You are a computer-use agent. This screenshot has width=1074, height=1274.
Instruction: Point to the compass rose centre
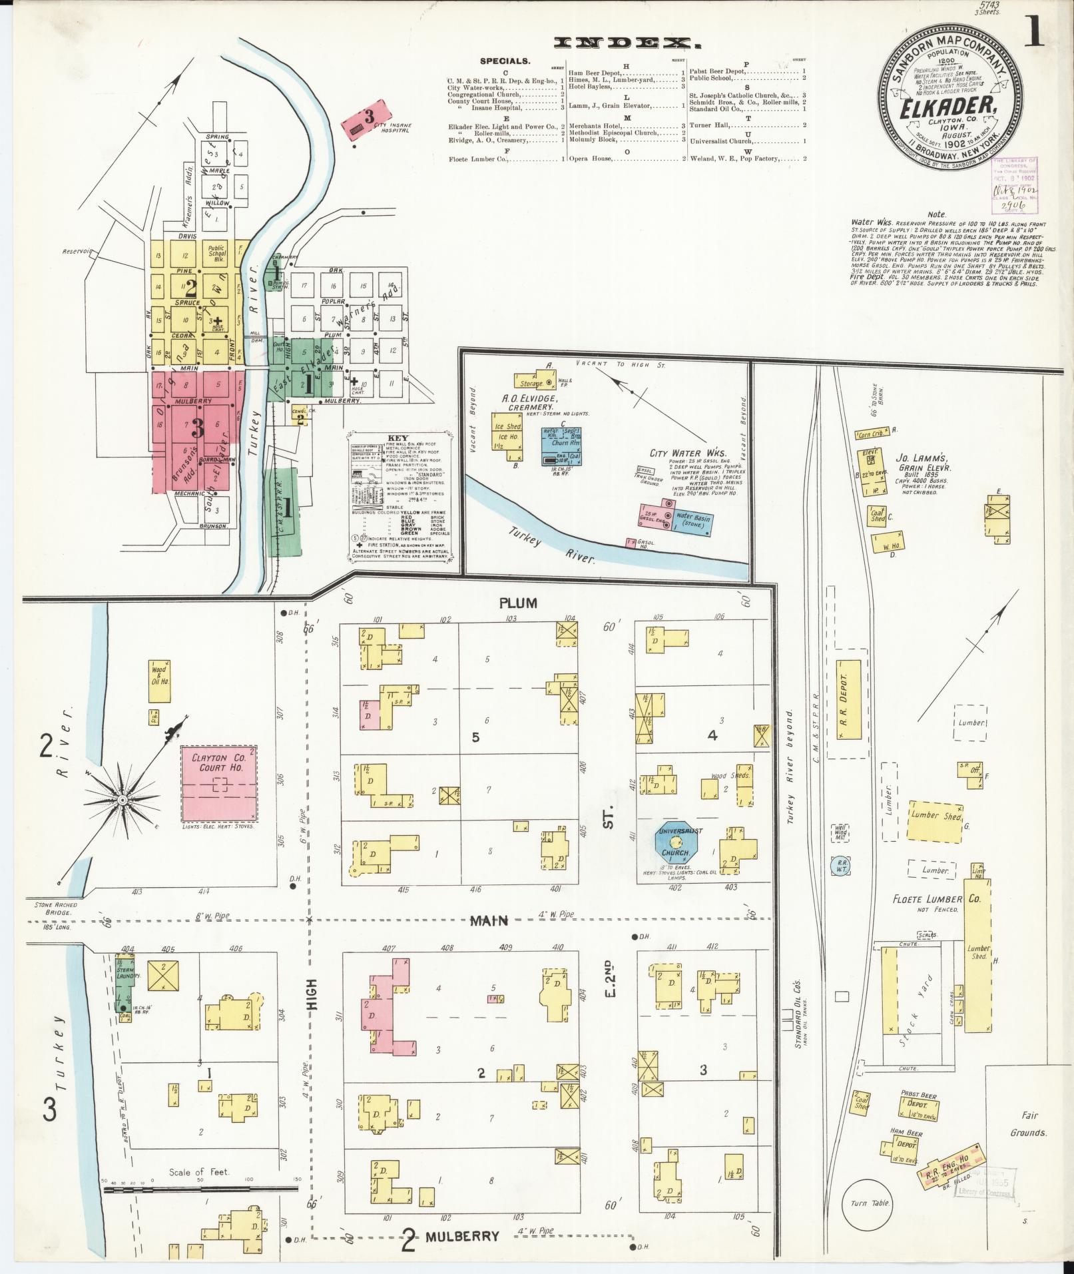click(x=122, y=798)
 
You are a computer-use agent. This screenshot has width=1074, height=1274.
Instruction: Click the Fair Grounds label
click(x=1028, y=1123)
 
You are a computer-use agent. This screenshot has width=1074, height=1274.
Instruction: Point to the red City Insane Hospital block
click(x=364, y=118)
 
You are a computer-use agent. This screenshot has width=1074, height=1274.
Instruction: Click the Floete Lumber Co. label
click(x=936, y=899)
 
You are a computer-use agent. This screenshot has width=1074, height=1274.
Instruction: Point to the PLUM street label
click(x=519, y=603)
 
